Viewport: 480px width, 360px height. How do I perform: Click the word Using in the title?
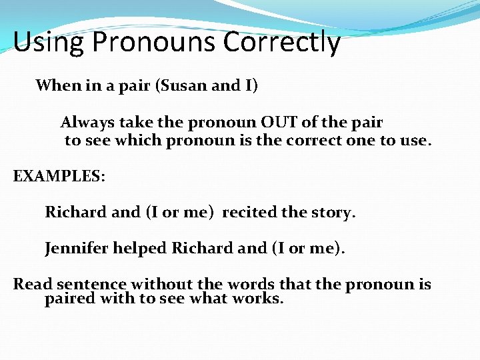49,42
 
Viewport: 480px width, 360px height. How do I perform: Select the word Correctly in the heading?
282,42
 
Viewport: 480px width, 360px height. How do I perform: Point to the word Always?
87,123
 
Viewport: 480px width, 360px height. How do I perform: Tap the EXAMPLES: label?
59,177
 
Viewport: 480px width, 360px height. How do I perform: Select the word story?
336,213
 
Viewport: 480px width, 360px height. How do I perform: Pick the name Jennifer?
75,249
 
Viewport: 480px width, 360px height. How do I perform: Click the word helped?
139,249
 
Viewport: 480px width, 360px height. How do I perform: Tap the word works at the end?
260,299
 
